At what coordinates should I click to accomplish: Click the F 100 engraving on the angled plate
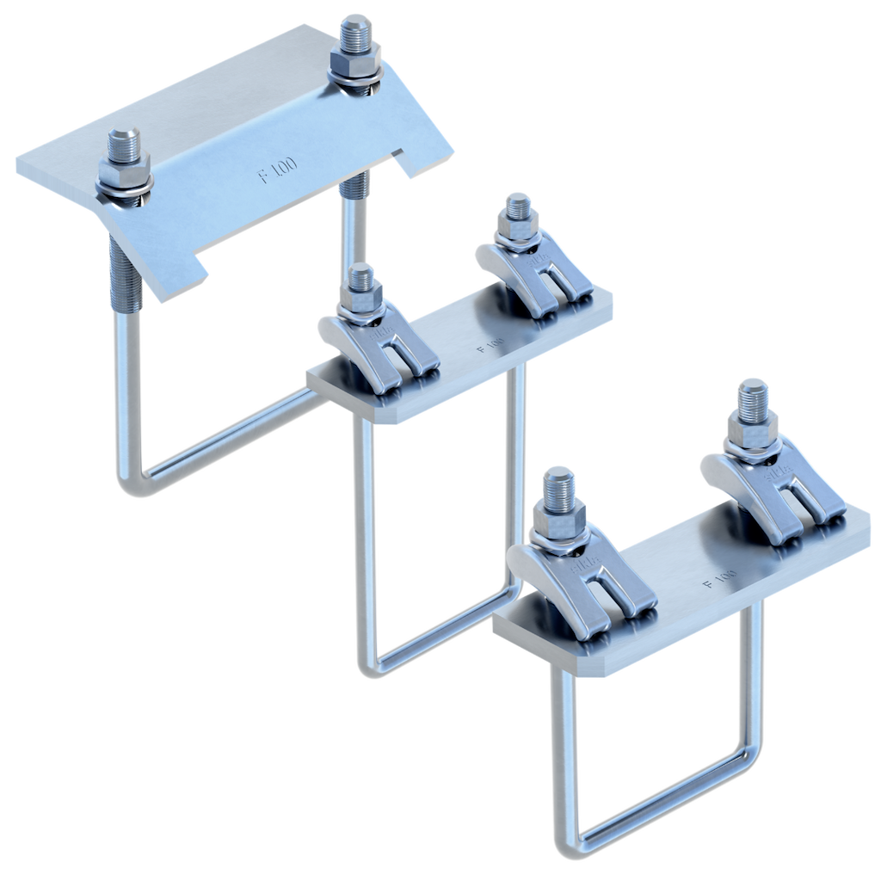coord(279,170)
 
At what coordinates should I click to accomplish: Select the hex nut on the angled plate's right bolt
coord(356,65)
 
